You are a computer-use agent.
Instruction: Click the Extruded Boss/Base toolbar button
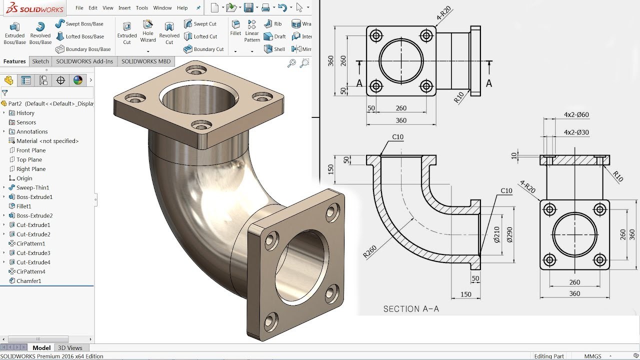(14, 33)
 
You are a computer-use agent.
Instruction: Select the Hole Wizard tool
(148, 31)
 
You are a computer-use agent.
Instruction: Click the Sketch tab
(40, 61)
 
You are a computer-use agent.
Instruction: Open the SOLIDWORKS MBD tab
(145, 61)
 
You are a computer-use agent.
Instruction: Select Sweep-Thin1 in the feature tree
(32, 187)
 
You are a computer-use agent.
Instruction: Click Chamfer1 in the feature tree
(28, 281)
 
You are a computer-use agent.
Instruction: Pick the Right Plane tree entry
(30, 169)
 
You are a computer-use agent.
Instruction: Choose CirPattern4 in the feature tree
(30, 271)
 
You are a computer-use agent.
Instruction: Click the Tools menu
(142, 8)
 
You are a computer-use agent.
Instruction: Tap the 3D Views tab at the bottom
(70, 348)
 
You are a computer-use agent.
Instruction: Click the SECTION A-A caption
(411, 309)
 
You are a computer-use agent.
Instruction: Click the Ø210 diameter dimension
(496, 234)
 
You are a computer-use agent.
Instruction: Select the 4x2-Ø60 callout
(576, 114)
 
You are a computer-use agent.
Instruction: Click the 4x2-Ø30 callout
(576, 132)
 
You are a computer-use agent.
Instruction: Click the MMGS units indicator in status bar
(593, 356)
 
